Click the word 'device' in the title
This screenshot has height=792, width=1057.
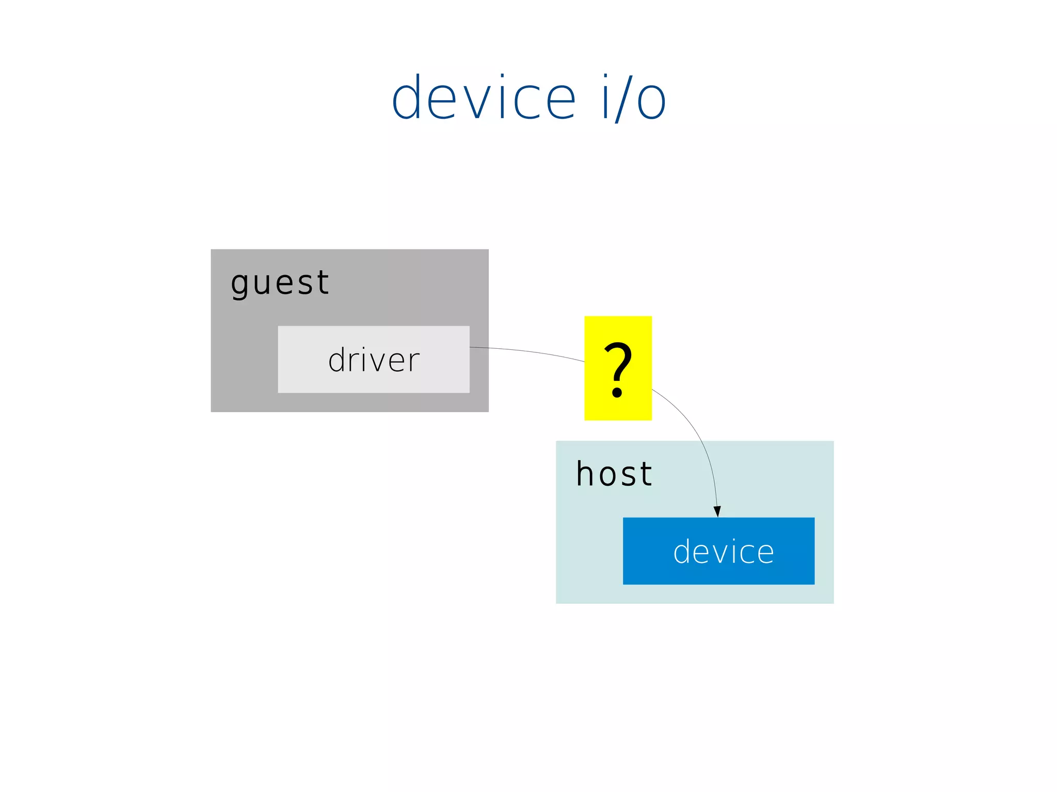484,98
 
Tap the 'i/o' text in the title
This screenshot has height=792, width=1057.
634,98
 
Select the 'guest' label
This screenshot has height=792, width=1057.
279,283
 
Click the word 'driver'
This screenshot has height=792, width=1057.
374,360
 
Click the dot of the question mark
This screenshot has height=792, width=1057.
617,394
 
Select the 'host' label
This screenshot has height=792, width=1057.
614,474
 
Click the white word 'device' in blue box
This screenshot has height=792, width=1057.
723,552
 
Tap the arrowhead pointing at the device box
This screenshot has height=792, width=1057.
717,511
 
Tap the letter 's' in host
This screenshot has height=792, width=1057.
629,476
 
